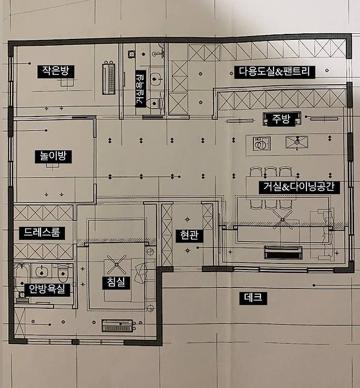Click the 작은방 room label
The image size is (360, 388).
tap(56, 71)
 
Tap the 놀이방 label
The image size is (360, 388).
tap(53, 156)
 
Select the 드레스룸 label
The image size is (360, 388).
tap(42, 233)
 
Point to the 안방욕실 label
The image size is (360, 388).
tap(47, 289)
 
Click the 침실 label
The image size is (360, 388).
tap(116, 283)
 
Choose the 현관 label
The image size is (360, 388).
tap(189, 236)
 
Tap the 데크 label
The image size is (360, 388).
tap(253, 298)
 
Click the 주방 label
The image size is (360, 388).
tap(281, 119)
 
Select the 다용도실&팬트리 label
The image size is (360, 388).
tap(275, 72)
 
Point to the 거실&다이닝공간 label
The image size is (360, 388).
tap(299, 187)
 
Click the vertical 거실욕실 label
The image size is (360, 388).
tap(140, 89)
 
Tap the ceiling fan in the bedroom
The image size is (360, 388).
tap(117, 264)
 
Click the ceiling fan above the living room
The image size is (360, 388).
tap(283, 220)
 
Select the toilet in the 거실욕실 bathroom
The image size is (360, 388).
tap(154, 103)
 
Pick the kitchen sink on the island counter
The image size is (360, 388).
tap(297, 142)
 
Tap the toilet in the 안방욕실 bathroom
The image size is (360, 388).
tap(63, 273)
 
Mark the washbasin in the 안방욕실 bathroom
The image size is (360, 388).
tap(42, 272)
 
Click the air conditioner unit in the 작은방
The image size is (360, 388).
tap(109, 78)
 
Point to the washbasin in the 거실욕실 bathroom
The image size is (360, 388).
tap(155, 79)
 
